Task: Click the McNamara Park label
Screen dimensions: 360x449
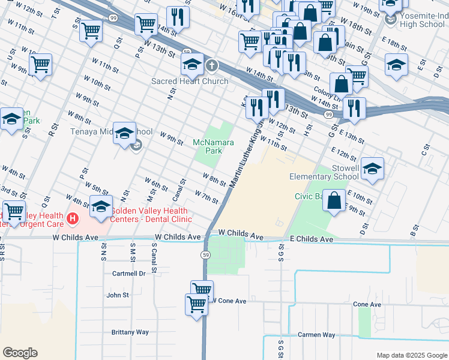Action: click(207, 146)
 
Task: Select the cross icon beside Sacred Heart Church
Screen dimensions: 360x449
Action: click(211, 65)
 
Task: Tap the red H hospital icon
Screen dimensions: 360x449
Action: click(73, 218)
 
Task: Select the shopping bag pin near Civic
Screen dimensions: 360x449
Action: click(334, 200)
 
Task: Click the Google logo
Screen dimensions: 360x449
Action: click(20, 352)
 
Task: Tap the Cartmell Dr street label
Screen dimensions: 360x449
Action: click(129, 273)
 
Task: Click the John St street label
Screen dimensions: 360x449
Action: click(118, 295)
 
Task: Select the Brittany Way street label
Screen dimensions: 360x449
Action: click(130, 332)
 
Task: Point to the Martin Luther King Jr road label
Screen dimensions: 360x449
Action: click(246, 155)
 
